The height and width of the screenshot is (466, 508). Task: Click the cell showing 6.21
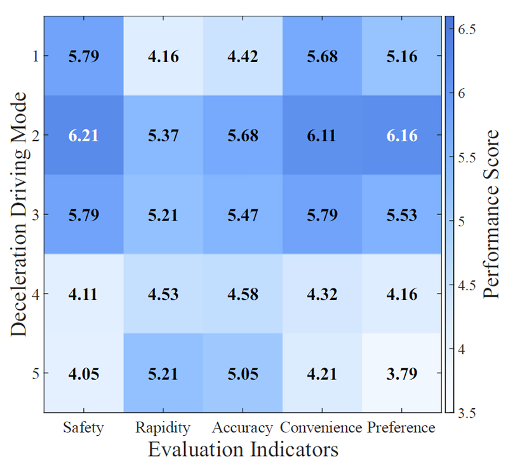click(x=84, y=135)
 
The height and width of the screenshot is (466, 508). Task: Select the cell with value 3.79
click(x=402, y=373)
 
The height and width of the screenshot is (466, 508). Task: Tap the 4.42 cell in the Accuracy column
click(x=243, y=56)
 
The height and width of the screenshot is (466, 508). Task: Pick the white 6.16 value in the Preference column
click(x=402, y=135)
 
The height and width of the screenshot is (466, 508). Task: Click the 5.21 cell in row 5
click(x=163, y=373)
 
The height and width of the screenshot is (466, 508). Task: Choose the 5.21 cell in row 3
click(x=163, y=214)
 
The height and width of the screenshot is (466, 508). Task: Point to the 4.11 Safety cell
click(x=84, y=294)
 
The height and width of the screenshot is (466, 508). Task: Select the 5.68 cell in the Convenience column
click(x=322, y=56)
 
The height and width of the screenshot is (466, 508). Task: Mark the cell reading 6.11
click(x=322, y=135)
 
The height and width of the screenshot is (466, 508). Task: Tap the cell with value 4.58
click(x=243, y=294)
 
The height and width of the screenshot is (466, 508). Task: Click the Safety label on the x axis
click(x=83, y=428)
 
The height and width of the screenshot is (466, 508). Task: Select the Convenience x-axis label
click(x=321, y=427)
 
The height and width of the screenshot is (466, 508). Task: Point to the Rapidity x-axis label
click(x=163, y=428)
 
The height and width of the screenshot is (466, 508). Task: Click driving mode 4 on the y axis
click(x=36, y=294)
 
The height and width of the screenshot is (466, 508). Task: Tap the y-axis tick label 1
click(x=36, y=56)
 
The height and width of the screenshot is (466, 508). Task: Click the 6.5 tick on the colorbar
click(x=467, y=29)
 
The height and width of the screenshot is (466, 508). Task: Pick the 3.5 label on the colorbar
click(x=467, y=413)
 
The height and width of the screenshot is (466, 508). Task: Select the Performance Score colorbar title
click(x=491, y=214)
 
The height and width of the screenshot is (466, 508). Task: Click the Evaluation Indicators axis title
click(x=243, y=449)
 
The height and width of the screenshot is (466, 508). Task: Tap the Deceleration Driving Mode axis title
click(x=18, y=214)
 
